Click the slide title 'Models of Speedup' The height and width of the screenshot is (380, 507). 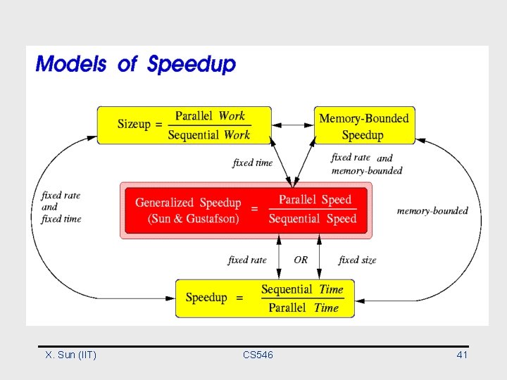coord(136,64)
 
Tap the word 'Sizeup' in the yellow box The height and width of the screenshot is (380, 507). coord(134,125)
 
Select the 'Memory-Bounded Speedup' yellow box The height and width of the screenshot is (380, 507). coord(363,126)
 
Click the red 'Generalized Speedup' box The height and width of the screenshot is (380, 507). coord(246,210)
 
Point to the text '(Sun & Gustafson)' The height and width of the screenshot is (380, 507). coord(194,219)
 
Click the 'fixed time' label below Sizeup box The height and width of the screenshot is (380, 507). coord(252,163)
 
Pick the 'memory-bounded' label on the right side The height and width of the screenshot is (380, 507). coord(432,210)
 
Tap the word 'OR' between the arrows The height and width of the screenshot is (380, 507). coord(301,260)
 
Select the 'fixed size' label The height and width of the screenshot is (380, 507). coord(357,260)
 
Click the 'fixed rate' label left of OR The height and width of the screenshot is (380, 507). coord(247,260)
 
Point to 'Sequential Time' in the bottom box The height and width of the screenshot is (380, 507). coord(302,289)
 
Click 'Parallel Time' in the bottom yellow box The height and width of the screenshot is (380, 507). coord(303,308)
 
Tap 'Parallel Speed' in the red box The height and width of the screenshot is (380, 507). coord(315,200)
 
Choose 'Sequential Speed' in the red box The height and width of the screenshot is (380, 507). coord(313,219)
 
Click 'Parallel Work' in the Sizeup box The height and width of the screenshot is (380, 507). coord(210,116)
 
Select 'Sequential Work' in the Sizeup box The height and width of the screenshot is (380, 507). coord(208,134)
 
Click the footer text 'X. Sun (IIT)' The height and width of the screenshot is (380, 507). coord(70,355)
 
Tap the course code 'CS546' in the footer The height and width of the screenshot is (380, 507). coord(258,355)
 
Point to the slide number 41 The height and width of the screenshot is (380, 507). coord(462,355)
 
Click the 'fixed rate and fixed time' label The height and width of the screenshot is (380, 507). coord(61,207)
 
